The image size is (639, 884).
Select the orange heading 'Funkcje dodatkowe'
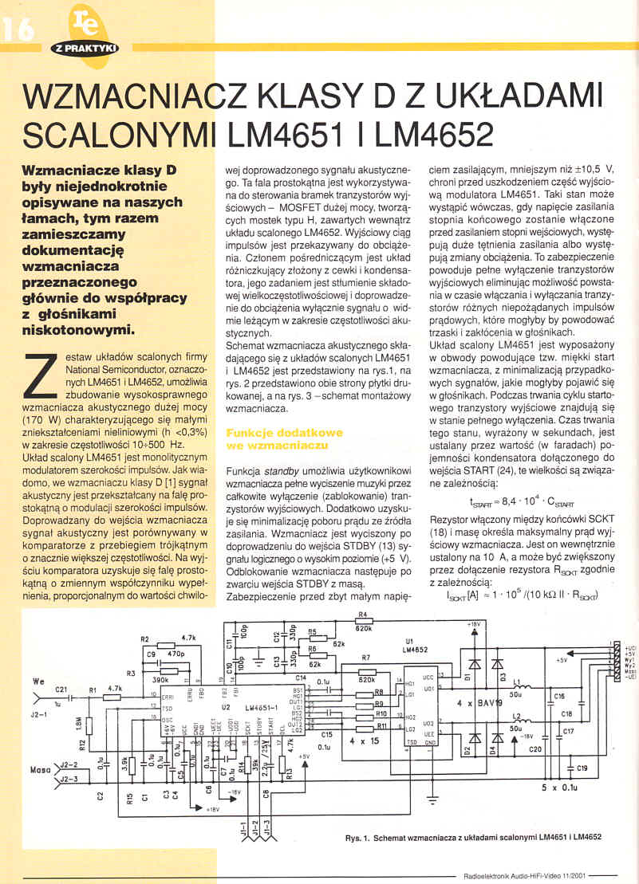[273, 432]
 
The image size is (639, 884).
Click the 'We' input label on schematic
[37, 682]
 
